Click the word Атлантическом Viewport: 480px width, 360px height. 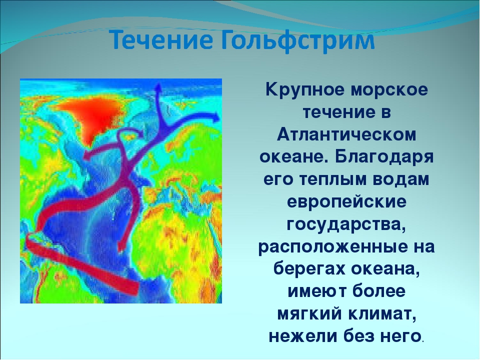point(346,134)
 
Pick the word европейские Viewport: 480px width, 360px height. point(346,202)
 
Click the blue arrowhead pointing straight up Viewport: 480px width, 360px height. point(158,88)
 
